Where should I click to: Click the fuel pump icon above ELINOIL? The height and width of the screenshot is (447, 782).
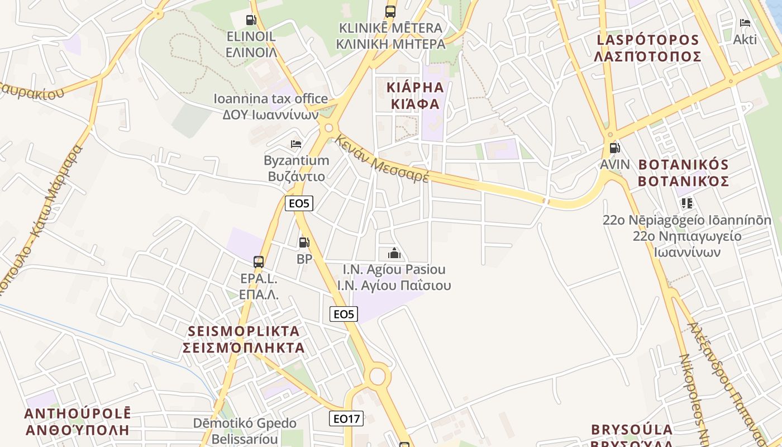tap(251, 20)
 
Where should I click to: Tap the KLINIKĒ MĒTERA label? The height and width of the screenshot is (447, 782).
tap(390, 28)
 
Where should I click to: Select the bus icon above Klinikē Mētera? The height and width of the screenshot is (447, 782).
tap(390, 11)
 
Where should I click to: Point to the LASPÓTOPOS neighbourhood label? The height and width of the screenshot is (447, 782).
tap(647, 40)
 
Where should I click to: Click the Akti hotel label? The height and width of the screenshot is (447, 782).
tap(745, 40)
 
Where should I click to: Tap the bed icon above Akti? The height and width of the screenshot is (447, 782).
tap(745, 23)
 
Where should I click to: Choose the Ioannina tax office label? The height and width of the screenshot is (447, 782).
tap(270, 99)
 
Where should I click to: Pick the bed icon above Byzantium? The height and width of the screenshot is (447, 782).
tap(296, 144)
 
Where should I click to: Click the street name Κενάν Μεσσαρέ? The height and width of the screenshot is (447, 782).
tap(383, 159)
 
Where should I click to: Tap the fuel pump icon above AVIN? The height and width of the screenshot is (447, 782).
tap(614, 148)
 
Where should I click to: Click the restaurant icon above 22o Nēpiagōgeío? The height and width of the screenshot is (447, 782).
tap(686, 203)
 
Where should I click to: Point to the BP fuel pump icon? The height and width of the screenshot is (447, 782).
tap(304, 242)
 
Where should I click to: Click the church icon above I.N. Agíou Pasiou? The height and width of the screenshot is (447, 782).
tap(394, 253)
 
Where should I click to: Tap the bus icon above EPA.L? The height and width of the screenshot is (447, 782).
tap(258, 261)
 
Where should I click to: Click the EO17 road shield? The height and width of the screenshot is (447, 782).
tap(346, 418)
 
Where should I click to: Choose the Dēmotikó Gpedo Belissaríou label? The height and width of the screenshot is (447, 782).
tap(245, 430)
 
